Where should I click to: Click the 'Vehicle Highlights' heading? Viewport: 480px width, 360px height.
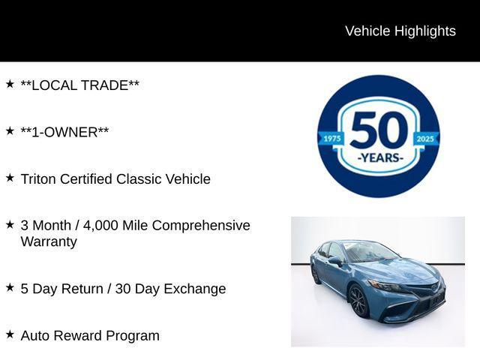[x=400, y=31]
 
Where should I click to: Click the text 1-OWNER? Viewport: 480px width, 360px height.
[x=64, y=132]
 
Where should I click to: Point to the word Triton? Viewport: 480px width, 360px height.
[x=38, y=179]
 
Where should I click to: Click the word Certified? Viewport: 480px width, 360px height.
[x=86, y=179]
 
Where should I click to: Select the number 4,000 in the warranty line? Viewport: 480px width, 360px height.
[x=100, y=226]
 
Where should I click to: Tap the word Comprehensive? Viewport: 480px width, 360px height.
[x=201, y=226]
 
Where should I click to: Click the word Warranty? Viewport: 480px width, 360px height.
[x=49, y=241]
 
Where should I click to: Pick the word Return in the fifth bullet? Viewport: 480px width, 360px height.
[x=82, y=289]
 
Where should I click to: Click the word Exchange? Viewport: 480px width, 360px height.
[x=195, y=289]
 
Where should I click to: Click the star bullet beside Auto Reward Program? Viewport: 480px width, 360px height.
[x=10, y=334]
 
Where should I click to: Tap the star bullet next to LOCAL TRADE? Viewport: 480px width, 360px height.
[x=10, y=84]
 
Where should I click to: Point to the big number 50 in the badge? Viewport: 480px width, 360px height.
[x=379, y=130]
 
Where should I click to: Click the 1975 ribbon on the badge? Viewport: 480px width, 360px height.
[x=331, y=139]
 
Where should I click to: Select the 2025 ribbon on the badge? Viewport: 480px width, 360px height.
[x=425, y=139]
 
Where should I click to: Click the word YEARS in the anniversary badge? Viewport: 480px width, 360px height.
[x=380, y=158]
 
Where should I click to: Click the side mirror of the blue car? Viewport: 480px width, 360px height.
[x=335, y=261]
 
